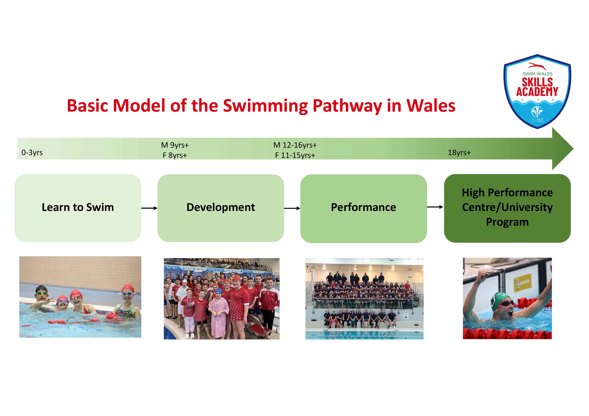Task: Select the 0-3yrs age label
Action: point(32,152)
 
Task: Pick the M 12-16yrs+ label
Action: point(295,145)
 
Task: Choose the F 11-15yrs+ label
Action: point(295,155)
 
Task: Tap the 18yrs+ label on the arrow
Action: point(459,152)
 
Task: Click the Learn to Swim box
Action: point(78,208)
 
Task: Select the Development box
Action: point(221,208)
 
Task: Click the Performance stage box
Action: point(363,209)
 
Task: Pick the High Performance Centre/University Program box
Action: point(507,208)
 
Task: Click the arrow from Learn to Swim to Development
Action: point(149,208)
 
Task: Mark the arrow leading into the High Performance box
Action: point(435,207)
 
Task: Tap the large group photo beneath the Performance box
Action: point(364,299)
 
